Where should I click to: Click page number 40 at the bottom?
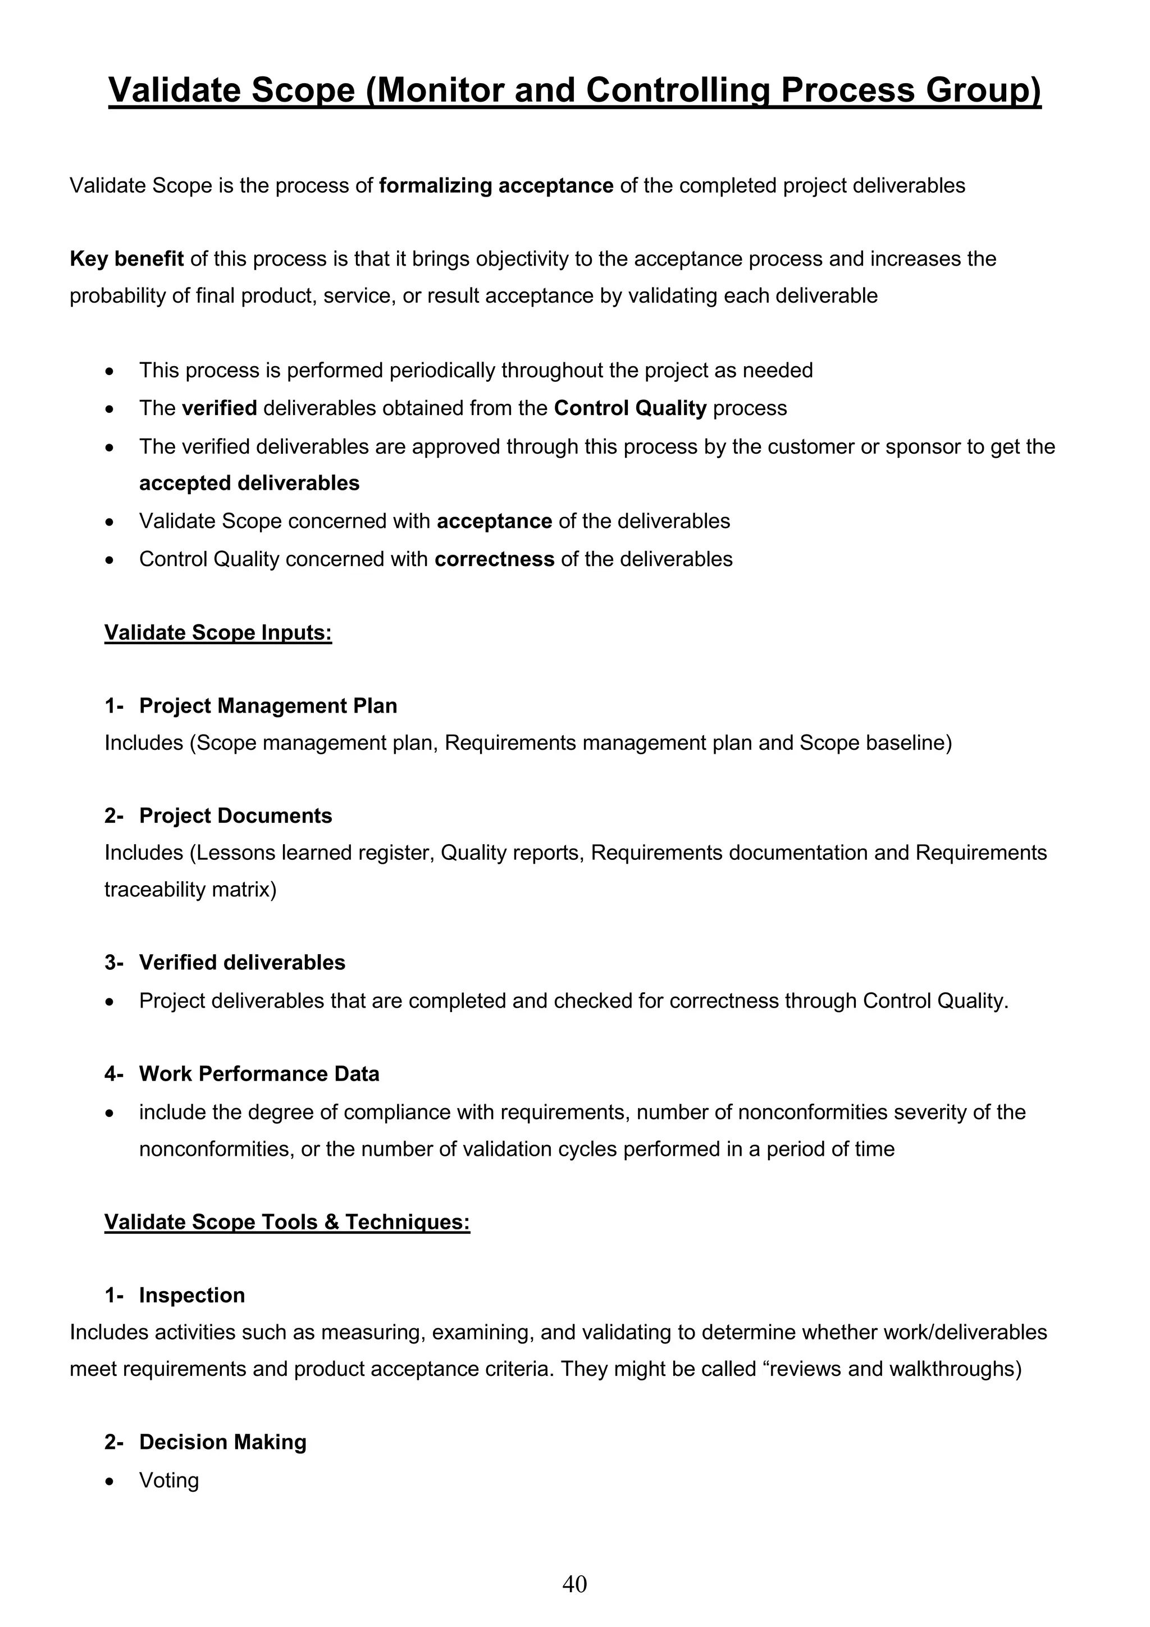coord(574,1584)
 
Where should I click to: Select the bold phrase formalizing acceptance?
coord(496,186)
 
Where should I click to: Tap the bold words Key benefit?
coord(127,259)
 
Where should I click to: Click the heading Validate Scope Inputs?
coord(218,632)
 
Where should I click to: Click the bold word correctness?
coord(494,559)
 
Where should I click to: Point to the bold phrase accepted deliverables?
coord(249,484)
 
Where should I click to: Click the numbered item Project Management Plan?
coord(268,706)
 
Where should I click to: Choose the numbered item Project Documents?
coord(235,815)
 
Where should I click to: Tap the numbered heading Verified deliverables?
coord(243,962)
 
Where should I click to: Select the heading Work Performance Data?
coord(259,1074)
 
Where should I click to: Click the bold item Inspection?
coord(192,1295)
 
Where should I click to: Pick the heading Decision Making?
coord(222,1442)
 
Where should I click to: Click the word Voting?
coord(168,1480)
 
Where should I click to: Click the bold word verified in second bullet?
coord(219,408)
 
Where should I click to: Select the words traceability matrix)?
coord(190,890)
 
